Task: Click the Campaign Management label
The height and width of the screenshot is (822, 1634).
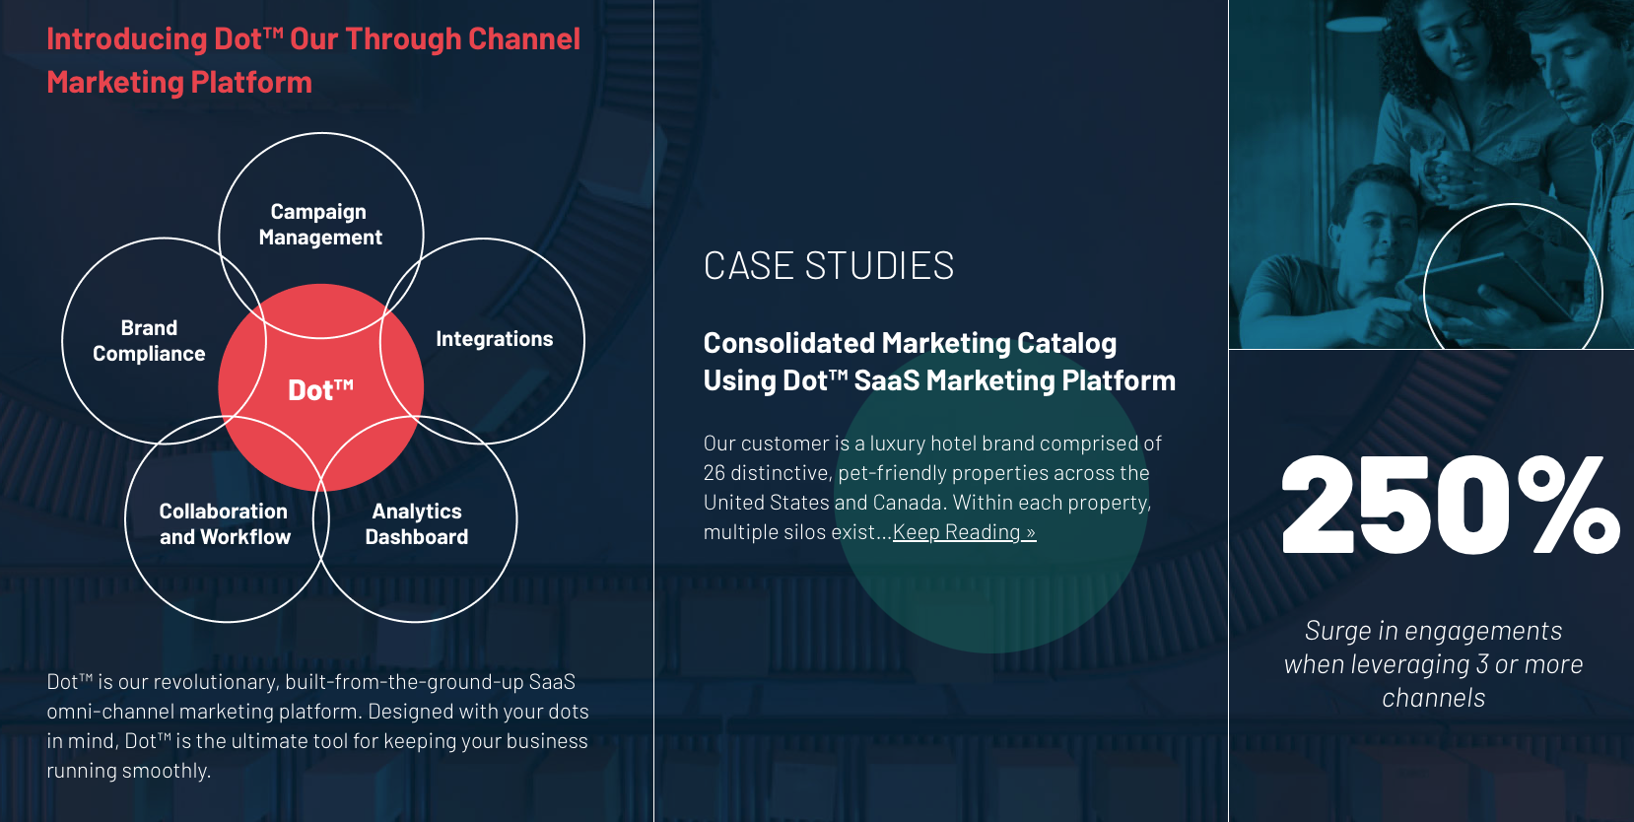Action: click(x=319, y=225)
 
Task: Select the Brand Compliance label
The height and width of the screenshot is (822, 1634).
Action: click(x=149, y=341)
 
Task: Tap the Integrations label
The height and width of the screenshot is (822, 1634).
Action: click(x=494, y=339)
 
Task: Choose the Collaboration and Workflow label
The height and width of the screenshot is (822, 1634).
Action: click(x=225, y=524)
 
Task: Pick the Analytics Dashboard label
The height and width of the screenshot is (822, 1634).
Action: click(x=417, y=524)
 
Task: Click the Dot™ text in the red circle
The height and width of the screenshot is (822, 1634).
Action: click(x=320, y=390)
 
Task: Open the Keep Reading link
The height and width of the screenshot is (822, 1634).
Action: click(x=964, y=532)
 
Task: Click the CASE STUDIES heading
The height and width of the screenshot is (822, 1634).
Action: click(x=828, y=266)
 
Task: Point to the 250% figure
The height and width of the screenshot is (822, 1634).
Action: click(x=1449, y=505)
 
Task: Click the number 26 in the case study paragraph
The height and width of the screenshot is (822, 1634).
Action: click(x=715, y=473)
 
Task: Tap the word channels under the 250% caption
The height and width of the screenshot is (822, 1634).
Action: click(x=1433, y=698)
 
